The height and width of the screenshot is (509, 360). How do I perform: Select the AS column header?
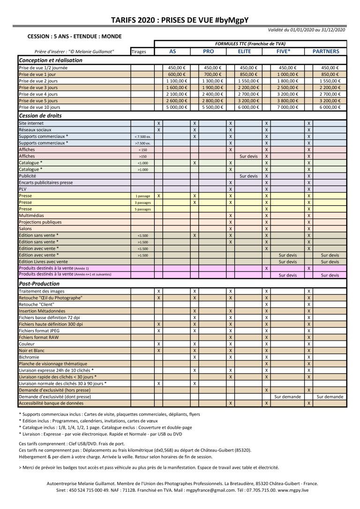coord(172,52)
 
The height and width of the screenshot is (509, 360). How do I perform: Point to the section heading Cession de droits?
coord(40,115)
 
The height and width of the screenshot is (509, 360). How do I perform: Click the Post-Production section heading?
coord(39,284)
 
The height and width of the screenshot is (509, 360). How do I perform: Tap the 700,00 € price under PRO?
coord(213,74)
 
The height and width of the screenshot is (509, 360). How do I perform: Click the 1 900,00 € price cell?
coord(213,87)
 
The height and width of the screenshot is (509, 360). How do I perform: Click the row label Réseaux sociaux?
coord(35,129)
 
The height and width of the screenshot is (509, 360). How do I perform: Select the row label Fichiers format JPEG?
coord(39,330)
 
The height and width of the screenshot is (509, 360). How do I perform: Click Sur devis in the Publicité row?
coord(248,176)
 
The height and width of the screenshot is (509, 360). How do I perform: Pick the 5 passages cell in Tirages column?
coord(143,210)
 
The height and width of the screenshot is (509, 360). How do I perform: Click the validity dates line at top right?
coord(307,30)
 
